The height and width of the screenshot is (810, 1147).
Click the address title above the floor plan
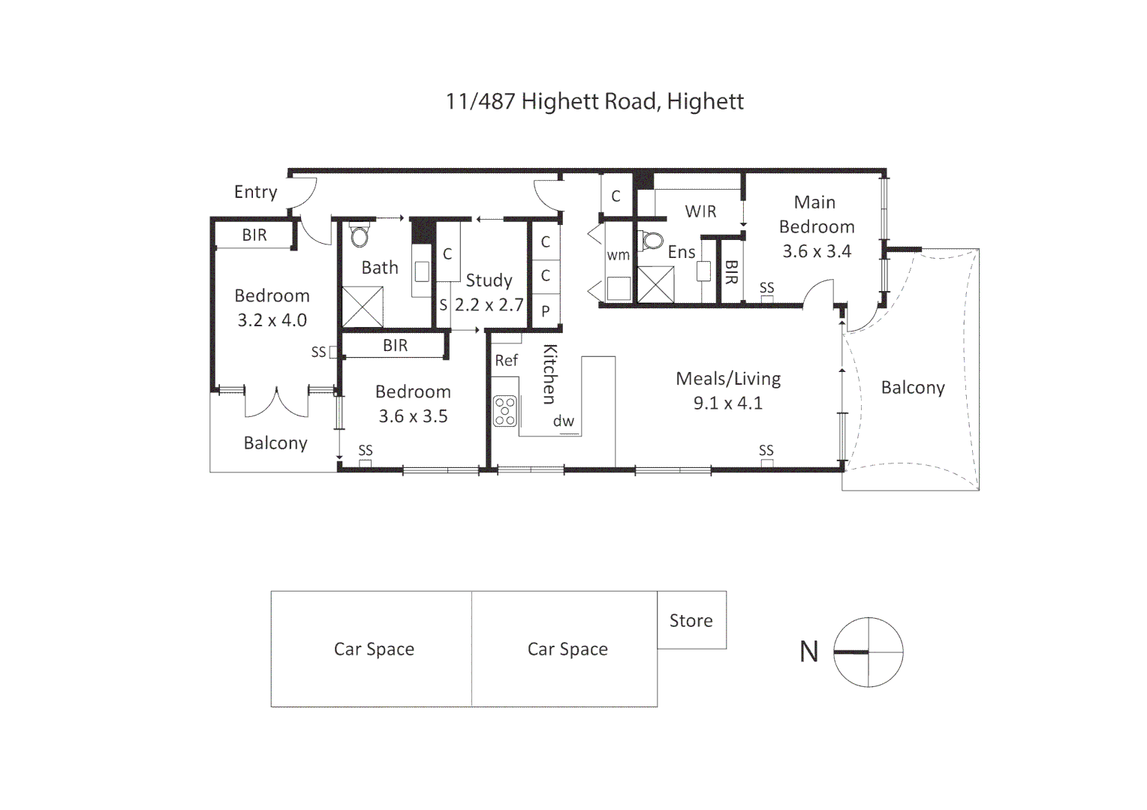[595, 101]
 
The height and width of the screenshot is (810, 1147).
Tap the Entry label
[255, 192]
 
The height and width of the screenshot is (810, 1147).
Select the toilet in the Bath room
[360, 234]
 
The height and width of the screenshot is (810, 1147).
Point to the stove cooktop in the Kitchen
[505, 411]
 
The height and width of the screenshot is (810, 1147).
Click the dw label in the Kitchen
[564, 421]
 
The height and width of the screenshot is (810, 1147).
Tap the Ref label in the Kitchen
[507, 361]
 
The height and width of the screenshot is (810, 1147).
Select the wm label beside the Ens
[618, 255]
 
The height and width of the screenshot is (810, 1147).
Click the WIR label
[700, 211]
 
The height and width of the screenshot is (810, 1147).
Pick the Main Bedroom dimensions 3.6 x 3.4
[817, 251]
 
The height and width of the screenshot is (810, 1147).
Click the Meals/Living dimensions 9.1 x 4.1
[728, 403]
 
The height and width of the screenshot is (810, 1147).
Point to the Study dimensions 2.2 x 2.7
[489, 305]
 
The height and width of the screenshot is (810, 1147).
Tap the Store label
[691, 621]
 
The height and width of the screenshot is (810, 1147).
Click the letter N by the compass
[809, 652]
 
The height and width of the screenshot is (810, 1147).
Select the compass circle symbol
[869, 652]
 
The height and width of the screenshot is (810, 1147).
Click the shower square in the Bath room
[363, 307]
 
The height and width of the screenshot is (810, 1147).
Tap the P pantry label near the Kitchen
[546, 311]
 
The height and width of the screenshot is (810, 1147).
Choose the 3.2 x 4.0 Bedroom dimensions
[272, 320]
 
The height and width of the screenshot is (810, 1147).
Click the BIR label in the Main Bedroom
[731, 272]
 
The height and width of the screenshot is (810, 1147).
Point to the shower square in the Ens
[655, 284]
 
